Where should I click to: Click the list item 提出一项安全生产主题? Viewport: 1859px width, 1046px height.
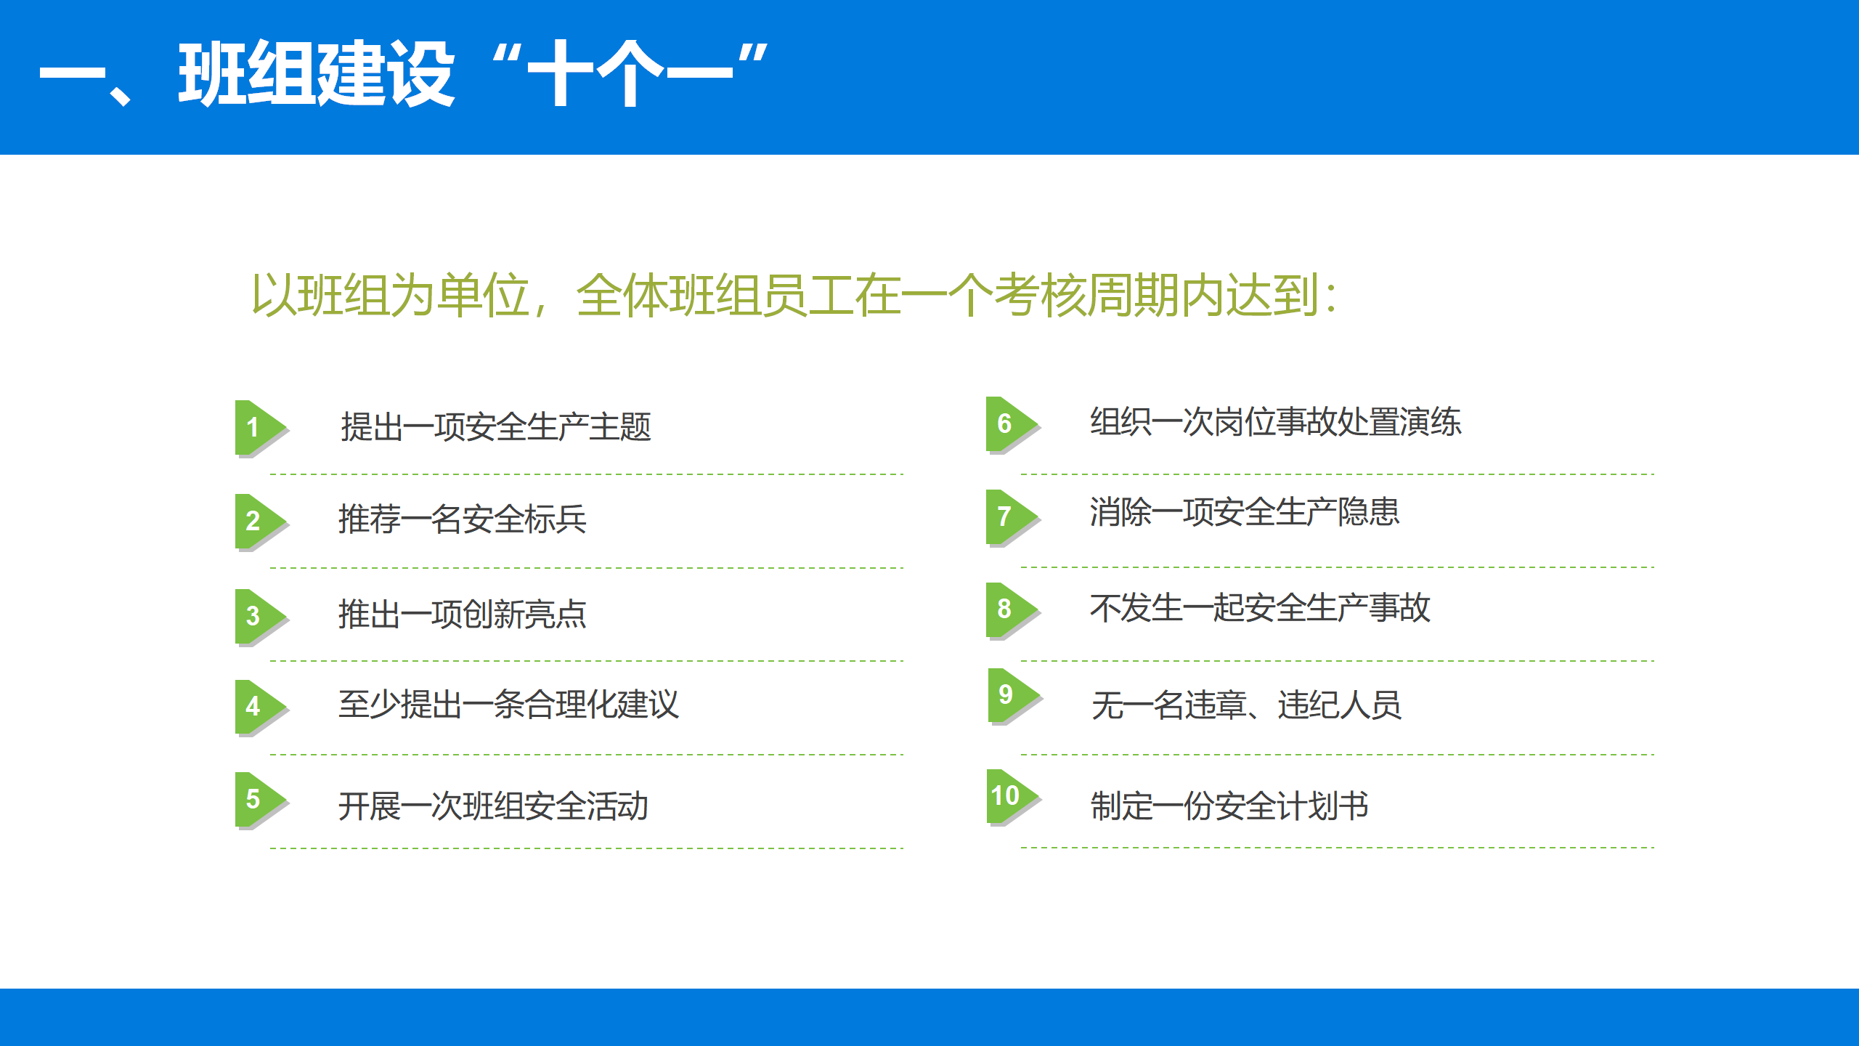[496, 426]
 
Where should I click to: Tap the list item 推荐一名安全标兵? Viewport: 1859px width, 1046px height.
[463, 519]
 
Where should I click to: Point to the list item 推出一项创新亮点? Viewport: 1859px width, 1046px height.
[463, 615]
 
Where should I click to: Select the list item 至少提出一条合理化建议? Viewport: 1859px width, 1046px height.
[508, 705]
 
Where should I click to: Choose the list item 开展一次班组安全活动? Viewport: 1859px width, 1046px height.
[493, 806]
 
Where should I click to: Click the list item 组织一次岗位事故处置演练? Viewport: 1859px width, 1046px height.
[1276, 422]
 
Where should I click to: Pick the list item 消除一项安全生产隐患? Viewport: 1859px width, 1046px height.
[1245, 512]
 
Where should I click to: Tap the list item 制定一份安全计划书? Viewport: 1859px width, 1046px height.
[1229, 806]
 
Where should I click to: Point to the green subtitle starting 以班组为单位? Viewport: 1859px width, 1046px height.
[794, 296]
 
